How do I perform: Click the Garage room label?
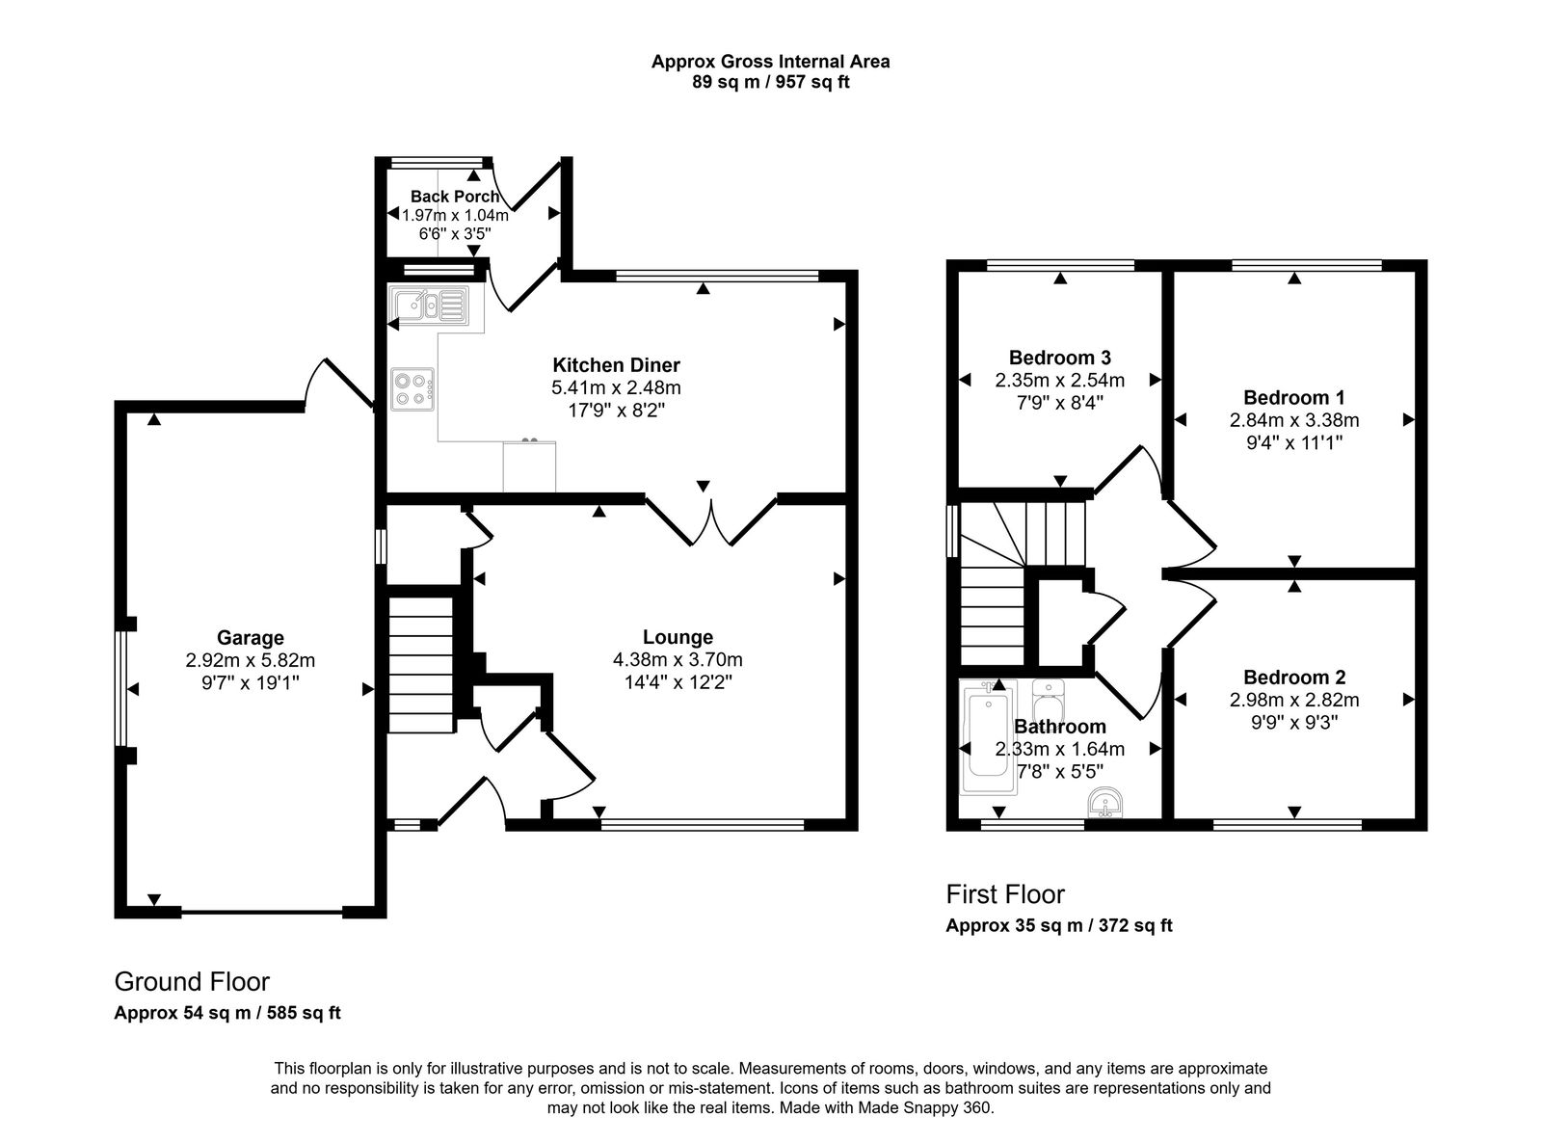click(x=250, y=637)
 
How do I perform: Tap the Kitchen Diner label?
click(x=616, y=365)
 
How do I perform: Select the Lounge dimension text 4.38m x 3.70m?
click(x=678, y=660)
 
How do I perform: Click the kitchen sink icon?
click(x=429, y=306)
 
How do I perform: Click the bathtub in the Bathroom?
click(x=986, y=737)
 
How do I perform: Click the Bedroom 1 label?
click(x=1293, y=397)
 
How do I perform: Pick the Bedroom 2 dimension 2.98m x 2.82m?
click(x=1293, y=701)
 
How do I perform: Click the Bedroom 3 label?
click(x=1059, y=358)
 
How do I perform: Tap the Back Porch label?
click(x=455, y=197)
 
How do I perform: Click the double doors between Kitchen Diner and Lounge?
click(x=710, y=520)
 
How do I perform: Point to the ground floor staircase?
click(x=420, y=665)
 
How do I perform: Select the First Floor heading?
click(x=1004, y=894)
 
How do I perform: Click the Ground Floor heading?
click(x=192, y=982)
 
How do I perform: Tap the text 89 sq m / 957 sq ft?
click(x=770, y=83)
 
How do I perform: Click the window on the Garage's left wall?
click(x=121, y=688)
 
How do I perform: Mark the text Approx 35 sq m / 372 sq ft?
click(x=1058, y=926)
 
